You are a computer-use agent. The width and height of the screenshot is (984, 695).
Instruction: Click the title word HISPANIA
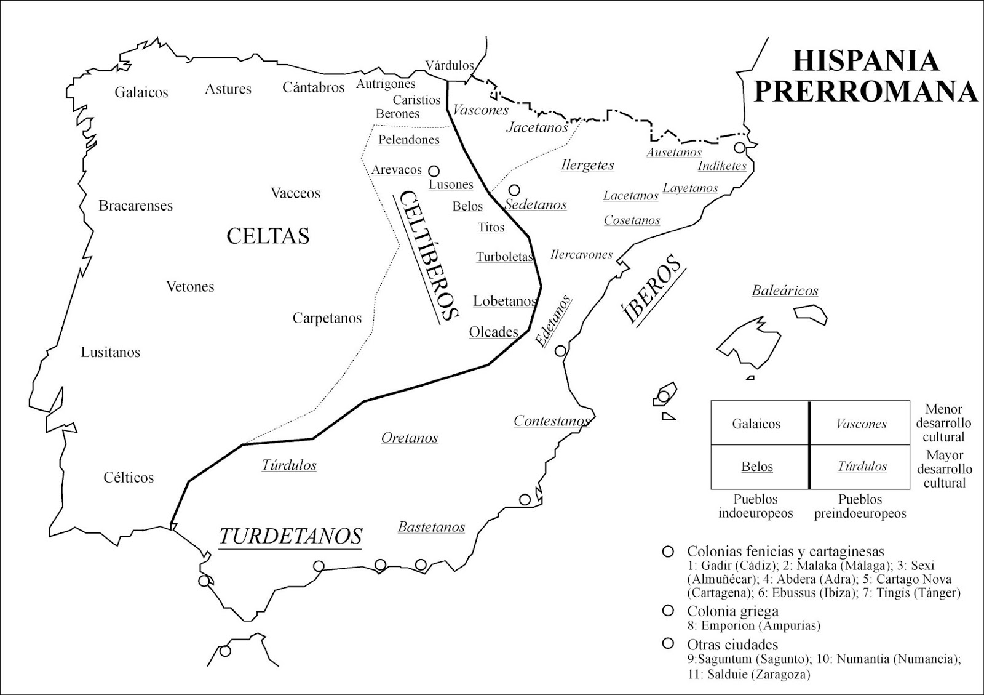866,61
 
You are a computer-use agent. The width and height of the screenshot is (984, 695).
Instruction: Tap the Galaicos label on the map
141,92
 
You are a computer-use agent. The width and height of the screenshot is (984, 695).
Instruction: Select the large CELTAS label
268,236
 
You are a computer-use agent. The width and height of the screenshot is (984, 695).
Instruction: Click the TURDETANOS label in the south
290,536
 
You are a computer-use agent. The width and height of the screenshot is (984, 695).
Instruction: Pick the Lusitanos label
111,352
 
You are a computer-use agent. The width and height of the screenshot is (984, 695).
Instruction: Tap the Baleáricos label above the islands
785,291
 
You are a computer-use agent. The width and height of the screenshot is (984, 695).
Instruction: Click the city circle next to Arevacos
434,171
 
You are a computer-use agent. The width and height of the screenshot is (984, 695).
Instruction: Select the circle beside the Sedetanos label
514,190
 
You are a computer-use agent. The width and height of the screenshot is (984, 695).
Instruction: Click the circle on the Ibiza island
663,396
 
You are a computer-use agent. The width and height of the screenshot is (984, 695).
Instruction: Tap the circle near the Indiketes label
740,148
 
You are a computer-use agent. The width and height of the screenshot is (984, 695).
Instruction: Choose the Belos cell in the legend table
757,467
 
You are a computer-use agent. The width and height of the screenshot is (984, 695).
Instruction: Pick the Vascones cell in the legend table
862,424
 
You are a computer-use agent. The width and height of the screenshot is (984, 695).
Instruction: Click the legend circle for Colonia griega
667,611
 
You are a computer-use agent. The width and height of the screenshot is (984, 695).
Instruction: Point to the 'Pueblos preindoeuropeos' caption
860,506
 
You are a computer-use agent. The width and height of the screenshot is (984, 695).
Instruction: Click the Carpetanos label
327,318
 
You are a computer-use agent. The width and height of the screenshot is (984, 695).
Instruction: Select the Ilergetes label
587,165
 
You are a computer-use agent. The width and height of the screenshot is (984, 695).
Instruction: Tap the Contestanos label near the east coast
551,421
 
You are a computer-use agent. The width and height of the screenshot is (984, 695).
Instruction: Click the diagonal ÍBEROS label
652,289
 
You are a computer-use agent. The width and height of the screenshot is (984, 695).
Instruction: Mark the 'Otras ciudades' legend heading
732,645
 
